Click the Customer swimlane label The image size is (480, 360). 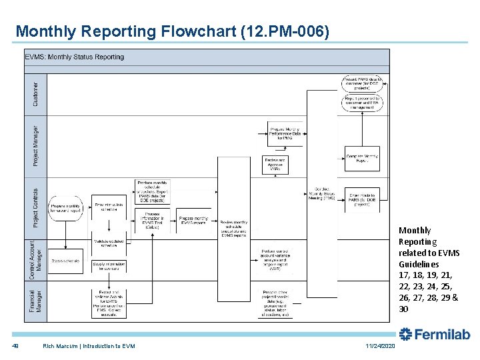(36, 93)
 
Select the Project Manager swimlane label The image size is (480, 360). (36, 143)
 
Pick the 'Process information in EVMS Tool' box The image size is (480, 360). (152, 220)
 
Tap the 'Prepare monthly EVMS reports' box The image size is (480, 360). (193, 220)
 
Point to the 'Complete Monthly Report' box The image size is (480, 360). (362, 159)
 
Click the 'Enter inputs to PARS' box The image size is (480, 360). (362, 199)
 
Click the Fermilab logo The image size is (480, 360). (434, 334)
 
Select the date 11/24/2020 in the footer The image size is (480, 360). (380, 345)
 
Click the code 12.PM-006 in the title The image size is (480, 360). (287, 31)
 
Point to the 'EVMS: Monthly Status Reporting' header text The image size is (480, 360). (75, 57)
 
